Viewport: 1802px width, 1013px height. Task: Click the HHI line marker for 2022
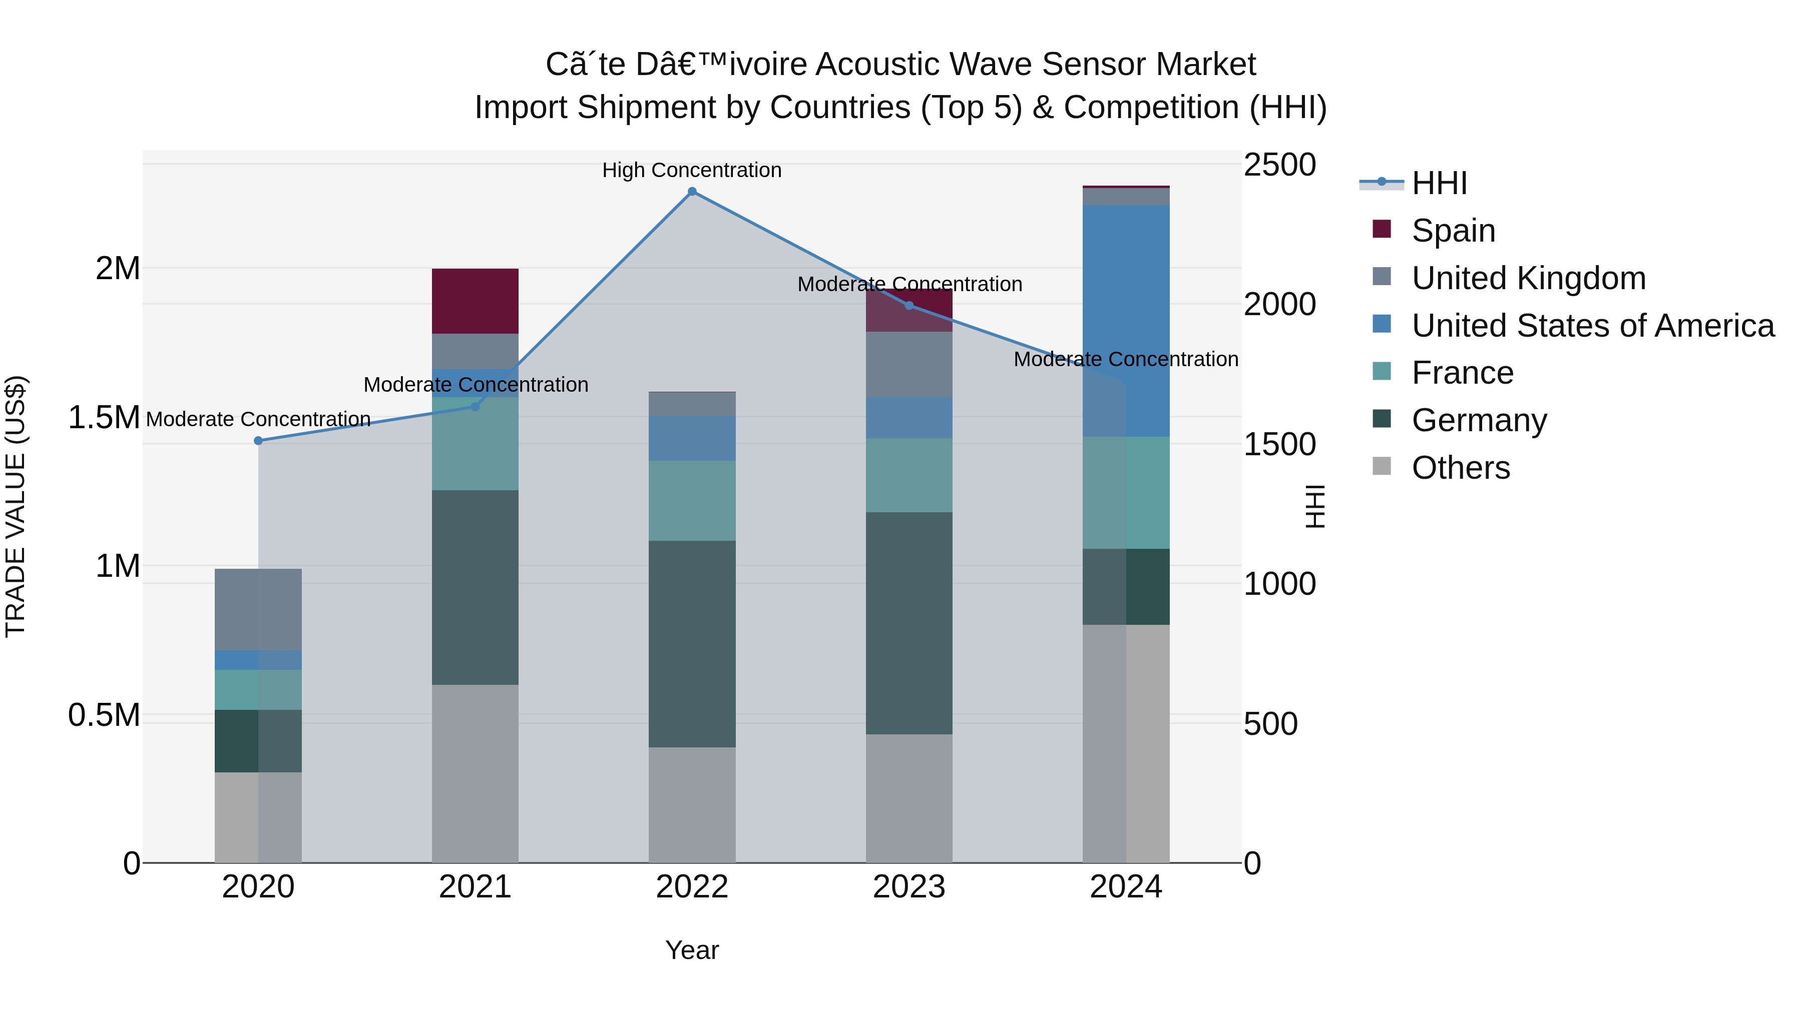tap(692, 192)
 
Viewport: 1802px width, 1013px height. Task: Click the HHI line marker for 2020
tap(258, 440)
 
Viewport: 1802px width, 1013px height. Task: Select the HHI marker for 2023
tap(909, 306)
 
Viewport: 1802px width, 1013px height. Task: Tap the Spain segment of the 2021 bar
tap(475, 301)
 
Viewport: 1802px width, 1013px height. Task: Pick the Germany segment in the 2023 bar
tap(909, 622)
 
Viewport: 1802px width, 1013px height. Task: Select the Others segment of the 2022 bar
tap(692, 804)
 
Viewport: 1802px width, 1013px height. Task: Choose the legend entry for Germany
tap(1479, 420)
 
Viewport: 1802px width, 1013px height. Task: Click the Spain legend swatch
tap(1382, 229)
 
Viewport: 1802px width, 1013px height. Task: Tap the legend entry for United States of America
tap(1592, 326)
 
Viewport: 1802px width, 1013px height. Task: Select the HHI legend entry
tap(1438, 183)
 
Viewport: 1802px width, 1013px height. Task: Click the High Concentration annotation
tap(692, 170)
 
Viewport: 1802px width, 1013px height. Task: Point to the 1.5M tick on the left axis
tap(104, 417)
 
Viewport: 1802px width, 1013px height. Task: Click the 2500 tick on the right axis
tap(1279, 165)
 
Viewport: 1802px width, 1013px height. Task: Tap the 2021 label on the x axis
tap(475, 887)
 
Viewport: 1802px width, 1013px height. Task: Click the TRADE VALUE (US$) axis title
tap(16, 506)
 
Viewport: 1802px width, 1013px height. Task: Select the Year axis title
tap(692, 950)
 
